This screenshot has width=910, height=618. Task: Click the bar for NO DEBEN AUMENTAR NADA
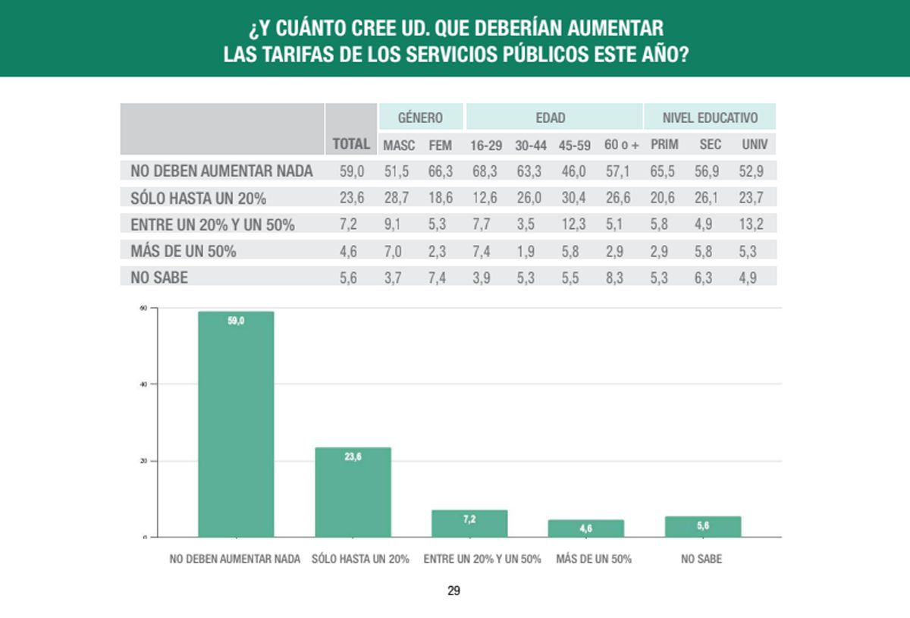pyautogui.click(x=236, y=425)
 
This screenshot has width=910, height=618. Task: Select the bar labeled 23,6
pyautogui.click(x=353, y=492)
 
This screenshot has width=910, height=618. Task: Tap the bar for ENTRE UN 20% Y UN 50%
pyautogui.click(x=469, y=523)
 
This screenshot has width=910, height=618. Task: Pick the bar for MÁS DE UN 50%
pyautogui.click(x=586, y=528)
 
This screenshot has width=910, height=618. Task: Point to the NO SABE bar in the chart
pyautogui.click(x=702, y=526)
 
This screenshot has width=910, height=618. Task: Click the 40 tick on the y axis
pyautogui.click(x=143, y=384)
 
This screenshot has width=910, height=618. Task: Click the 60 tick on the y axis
pyautogui.click(x=143, y=308)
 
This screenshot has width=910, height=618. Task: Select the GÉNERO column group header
pyautogui.click(x=420, y=118)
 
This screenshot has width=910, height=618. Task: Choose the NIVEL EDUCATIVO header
pyautogui.click(x=710, y=118)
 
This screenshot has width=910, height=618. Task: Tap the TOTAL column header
pyautogui.click(x=351, y=144)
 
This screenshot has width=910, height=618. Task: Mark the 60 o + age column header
pyautogui.click(x=622, y=144)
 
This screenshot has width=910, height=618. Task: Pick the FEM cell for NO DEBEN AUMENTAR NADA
pyautogui.click(x=440, y=171)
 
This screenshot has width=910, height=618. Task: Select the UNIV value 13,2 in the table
pyautogui.click(x=752, y=224)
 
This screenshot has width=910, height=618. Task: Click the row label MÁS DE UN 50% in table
pyautogui.click(x=184, y=251)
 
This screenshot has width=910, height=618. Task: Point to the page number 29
pyautogui.click(x=453, y=591)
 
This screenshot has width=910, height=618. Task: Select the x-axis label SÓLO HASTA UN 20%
pyautogui.click(x=360, y=559)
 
